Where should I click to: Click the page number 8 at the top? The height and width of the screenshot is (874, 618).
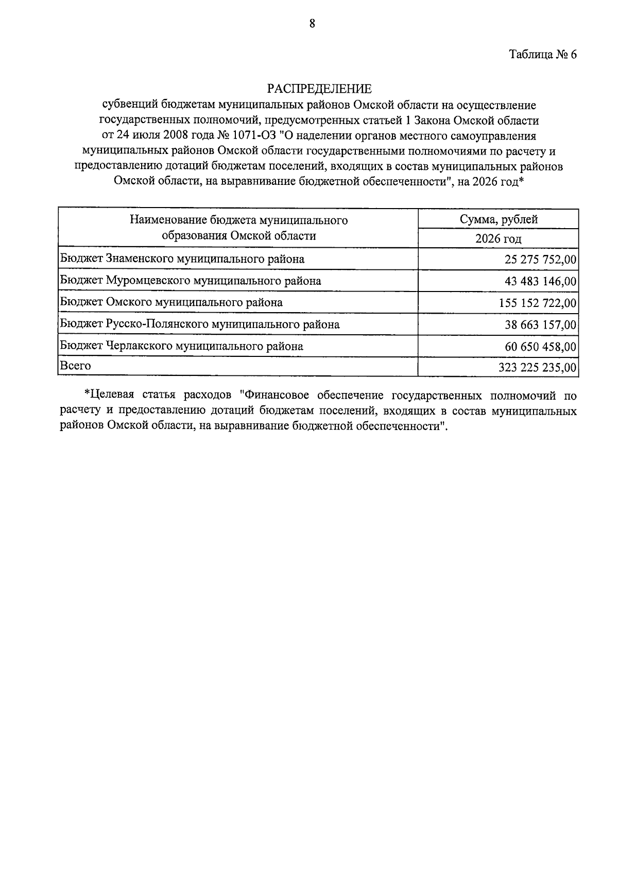(312, 23)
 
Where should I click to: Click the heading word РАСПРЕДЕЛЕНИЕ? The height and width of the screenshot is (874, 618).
(319, 89)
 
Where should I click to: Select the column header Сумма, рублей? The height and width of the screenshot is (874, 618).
(499, 219)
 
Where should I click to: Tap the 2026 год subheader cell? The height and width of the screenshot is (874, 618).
(498, 239)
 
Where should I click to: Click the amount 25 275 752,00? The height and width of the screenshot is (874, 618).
(541, 259)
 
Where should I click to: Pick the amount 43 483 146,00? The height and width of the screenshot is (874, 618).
(541, 281)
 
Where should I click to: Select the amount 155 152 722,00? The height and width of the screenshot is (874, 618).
(538, 303)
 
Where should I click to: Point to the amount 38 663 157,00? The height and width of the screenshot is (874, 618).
(541, 325)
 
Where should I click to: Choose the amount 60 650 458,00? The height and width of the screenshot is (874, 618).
(541, 347)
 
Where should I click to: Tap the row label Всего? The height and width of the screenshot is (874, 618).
(75, 366)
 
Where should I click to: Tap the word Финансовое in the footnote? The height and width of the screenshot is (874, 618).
(278, 396)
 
